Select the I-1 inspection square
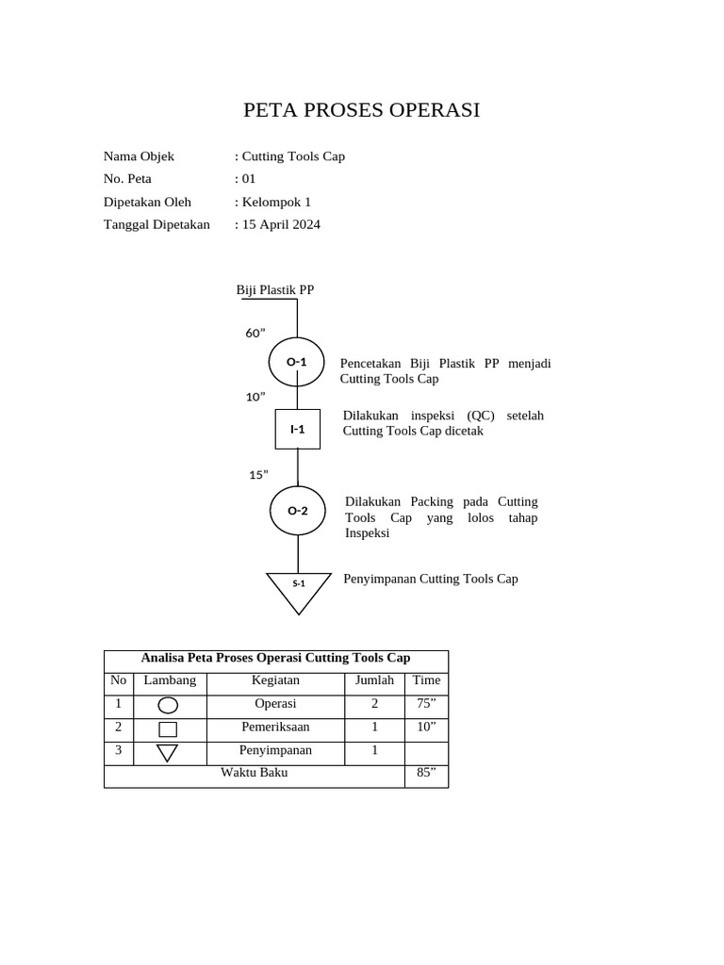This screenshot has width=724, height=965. [x=297, y=430]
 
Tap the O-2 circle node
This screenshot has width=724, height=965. [x=298, y=511]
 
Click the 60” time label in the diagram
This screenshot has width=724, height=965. [x=255, y=333]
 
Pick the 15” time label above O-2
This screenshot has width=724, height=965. [x=258, y=475]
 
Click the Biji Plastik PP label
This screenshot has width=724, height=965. [x=275, y=289]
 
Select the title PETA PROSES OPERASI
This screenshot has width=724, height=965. [x=362, y=110]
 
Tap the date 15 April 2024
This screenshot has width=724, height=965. [x=281, y=224]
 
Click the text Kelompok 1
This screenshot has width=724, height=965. [x=276, y=202]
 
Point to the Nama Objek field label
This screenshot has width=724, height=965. [x=139, y=156]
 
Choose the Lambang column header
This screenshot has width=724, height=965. [x=170, y=680]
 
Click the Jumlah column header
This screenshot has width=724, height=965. [x=374, y=680]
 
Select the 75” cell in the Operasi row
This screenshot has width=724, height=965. [x=426, y=704]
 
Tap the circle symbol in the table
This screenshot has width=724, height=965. [x=168, y=706]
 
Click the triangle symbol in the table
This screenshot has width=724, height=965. [x=168, y=752]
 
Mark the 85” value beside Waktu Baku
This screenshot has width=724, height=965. [x=426, y=773]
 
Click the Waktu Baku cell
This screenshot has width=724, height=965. [x=255, y=773]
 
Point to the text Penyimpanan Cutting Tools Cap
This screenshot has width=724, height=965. [x=431, y=579]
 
